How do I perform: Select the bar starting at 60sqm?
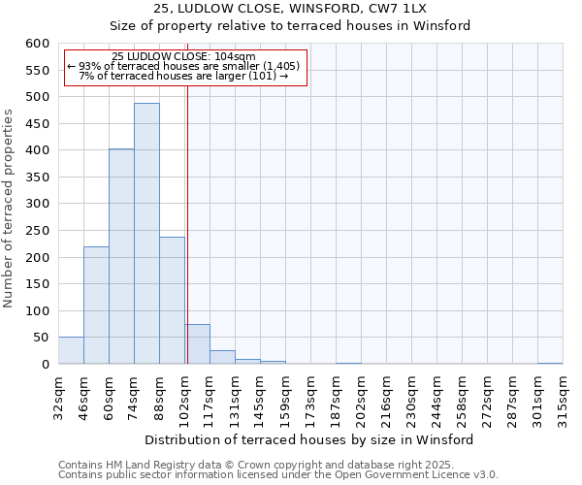click(x=121, y=256)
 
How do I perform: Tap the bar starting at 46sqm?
click(x=96, y=305)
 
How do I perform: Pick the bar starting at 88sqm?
click(x=172, y=300)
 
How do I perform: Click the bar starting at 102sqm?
click(x=197, y=344)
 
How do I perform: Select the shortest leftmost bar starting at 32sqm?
click(x=71, y=350)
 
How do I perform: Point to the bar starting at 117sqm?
click(x=222, y=357)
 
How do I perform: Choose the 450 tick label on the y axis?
click(x=37, y=124)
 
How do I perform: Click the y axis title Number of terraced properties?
click(x=10, y=209)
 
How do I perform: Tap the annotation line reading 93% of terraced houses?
click(x=185, y=66)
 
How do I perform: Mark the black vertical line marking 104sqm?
click(x=187, y=242)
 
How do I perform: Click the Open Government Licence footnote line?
click(x=278, y=475)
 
